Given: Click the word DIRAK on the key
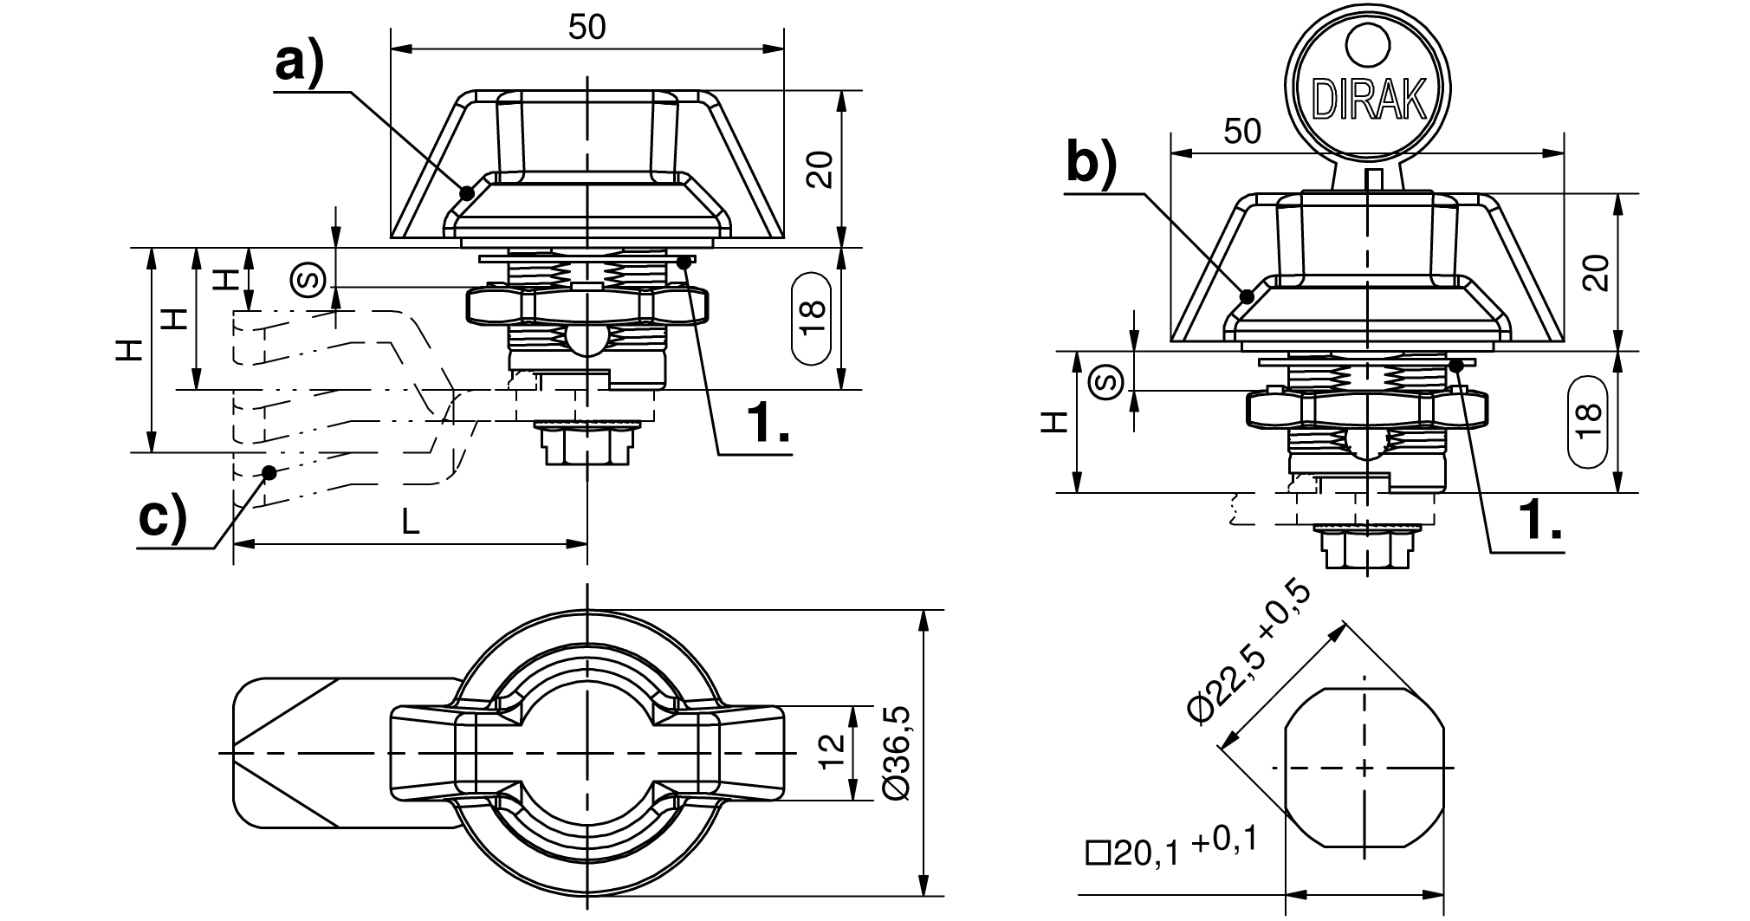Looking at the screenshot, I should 1370,100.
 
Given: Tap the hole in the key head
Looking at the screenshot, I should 1370,44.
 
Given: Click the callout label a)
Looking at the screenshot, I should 299,64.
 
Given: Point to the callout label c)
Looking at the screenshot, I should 163,517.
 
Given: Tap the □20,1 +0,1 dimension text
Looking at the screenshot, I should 1170,850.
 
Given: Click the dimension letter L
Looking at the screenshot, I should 411,521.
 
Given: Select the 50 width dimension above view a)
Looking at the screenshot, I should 587,28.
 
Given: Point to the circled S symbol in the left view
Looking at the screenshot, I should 309,279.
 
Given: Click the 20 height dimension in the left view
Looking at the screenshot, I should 819,169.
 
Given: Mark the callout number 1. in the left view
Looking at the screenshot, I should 767,425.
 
